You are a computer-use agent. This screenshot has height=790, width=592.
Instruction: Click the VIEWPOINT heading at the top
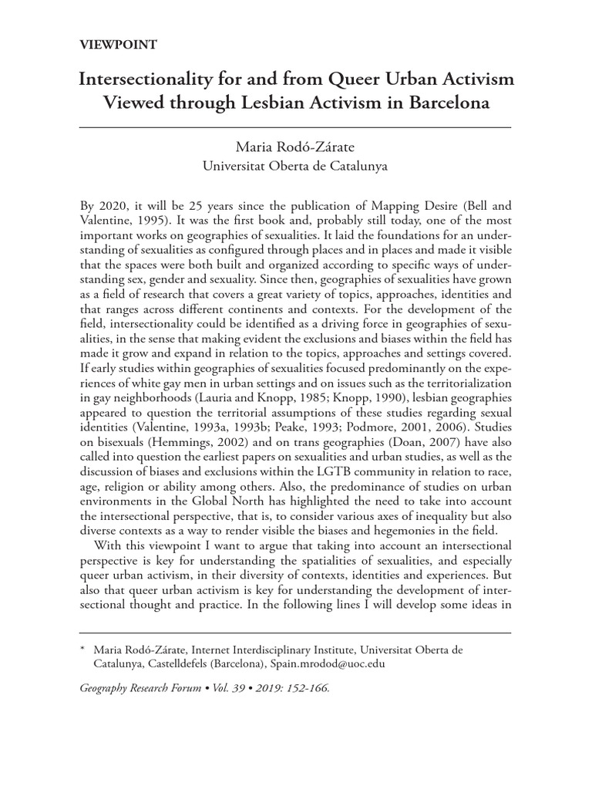pyautogui.click(x=118, y=45)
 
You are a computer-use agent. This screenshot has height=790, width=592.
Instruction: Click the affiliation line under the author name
pyautogui.click(x=295, y=164)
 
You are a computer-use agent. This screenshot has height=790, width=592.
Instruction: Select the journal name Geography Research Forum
pyautogui.click(x=144, y=688)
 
